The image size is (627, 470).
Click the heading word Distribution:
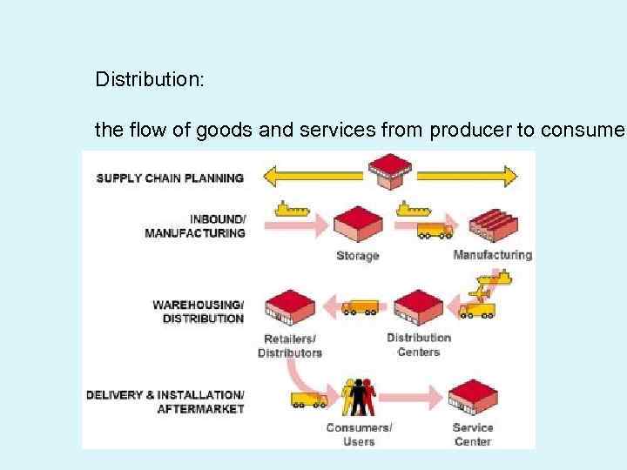[x=150, y=79]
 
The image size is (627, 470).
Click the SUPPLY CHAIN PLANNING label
[x=170, y=178]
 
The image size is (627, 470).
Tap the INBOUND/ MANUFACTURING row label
[x=195, y=226]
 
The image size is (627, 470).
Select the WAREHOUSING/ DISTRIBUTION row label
[x=199, y=312]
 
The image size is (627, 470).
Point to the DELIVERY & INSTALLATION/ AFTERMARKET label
[x=165, y=401]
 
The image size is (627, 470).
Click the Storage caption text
[x=358, y=256]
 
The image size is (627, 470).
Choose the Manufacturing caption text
[x=492, y=255]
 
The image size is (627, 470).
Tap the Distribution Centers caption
[x=419, y=345]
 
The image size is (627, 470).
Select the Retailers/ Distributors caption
[x=290, y=346]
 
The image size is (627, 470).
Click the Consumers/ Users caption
[x=359, y=434]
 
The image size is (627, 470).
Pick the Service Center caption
[x=473, y=434]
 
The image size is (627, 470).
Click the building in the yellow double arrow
[x=389, y=172]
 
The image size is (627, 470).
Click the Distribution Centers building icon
[x=418, y=307]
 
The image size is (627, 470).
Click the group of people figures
[x=359, y=399]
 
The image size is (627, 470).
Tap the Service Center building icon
[x=473, y=399]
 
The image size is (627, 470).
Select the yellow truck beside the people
[x=309, y=400]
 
